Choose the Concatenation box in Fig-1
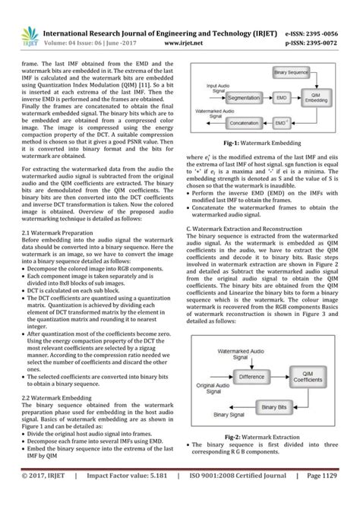pyautogui.click(x=245, y=122)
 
